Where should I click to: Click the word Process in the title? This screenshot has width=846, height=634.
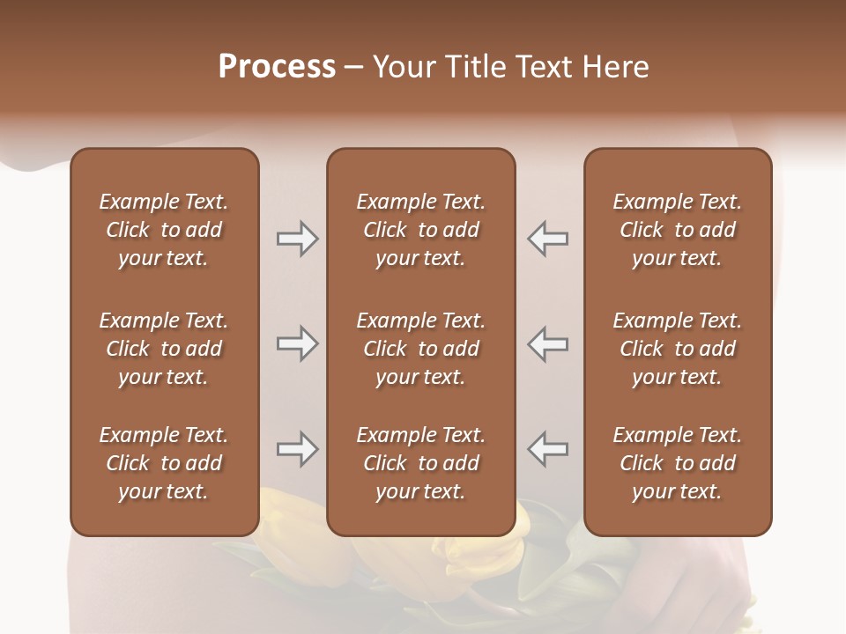click(x=277, y=67)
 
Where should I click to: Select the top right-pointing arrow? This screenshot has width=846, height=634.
click(x=297, y=239)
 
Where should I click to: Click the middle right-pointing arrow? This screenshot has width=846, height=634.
click(x=297, y=343)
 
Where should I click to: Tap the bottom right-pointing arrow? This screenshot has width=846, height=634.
click(x=297, y=449)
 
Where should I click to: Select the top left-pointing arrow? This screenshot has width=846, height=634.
click(x=547, y=239)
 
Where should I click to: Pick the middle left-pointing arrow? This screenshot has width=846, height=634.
click(x=547, y=343)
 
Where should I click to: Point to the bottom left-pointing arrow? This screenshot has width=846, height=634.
click(x=547, y=449)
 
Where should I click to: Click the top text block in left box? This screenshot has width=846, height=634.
click(x=164, y=230)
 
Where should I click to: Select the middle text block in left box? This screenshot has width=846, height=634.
click(x=164, y=349)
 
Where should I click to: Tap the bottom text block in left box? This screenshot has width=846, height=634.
click(x=164, y=463)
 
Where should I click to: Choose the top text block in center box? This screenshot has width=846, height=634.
click(x=420, y=230)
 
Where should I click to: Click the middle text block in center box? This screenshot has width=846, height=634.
click(x=420, y=349)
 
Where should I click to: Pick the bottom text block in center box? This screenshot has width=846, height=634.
click(x=420, y=463)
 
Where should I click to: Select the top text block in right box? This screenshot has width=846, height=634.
click(x=677, y=230)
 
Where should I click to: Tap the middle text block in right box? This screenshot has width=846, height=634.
click(x=677, y=349)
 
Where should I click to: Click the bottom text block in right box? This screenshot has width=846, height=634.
click(x=677, y=463)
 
